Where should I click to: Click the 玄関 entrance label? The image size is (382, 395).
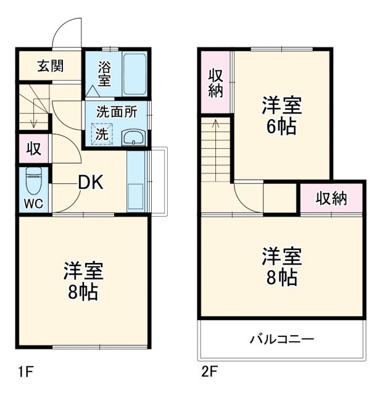(50, 66)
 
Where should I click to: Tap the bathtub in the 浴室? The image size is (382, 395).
(134, 73)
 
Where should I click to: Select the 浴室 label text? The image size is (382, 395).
(104, 72)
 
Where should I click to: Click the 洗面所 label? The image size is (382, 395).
(115, 113)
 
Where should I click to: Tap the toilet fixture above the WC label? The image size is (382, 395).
(33, 181)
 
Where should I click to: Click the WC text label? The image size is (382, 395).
(33, 204)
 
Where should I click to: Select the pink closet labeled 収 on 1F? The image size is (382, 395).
(33, 149)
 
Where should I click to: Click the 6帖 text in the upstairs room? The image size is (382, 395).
(281, 127)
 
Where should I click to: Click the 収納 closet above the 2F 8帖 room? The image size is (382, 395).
(331, 198)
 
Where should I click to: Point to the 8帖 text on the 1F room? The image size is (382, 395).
(83, 292)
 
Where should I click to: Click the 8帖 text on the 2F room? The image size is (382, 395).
(281, 276)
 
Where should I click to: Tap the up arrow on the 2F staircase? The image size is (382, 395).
(215, 124)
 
